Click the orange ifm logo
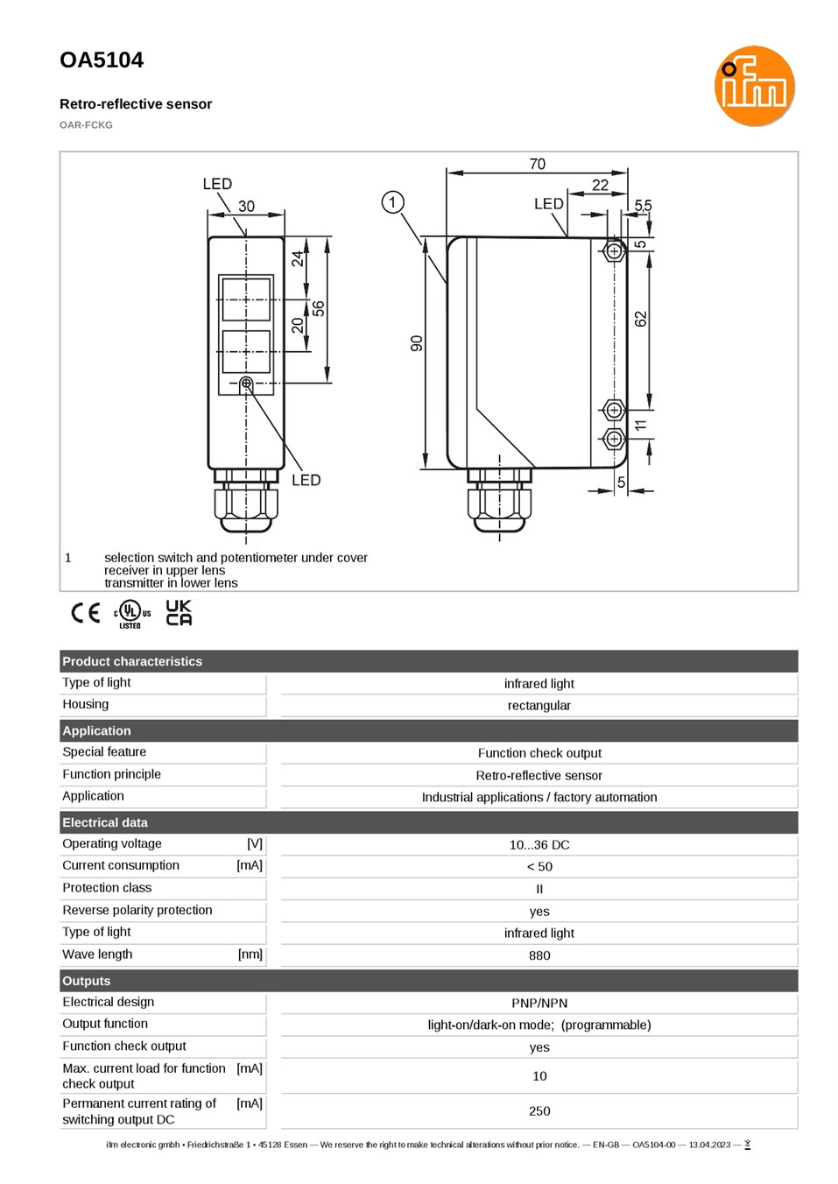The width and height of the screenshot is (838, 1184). point(754,86)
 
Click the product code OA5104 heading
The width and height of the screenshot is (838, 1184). point(102,60)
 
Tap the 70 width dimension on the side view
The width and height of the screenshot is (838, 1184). point(537,164)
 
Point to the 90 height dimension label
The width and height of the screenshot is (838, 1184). point(417,343)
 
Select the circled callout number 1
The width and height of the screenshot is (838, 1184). point(392,202)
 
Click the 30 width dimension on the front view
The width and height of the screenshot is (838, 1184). point(246,206)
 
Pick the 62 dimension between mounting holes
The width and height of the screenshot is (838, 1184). point(640,320)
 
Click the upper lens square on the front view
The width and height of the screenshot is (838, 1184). point(246,300)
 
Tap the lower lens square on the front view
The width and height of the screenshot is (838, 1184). point(246,351)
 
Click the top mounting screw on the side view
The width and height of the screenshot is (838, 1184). point(614,251)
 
